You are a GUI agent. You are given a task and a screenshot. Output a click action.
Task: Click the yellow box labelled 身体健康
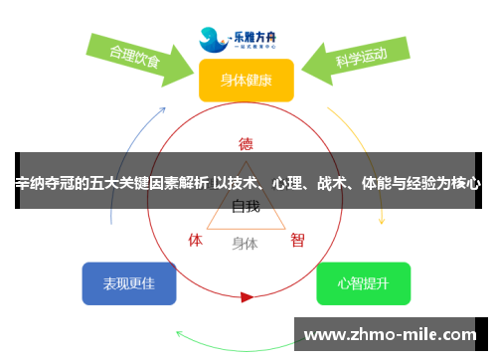click(246, 80)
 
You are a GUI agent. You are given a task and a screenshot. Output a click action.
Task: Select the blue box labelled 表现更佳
click(129, 283)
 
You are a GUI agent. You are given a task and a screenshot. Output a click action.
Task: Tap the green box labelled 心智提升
click(363, 283)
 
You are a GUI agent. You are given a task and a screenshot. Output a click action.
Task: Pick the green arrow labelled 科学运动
click(358, 57)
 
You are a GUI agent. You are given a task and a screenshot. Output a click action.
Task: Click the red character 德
click(246, 143)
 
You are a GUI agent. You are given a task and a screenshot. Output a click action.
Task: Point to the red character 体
click(196, 240)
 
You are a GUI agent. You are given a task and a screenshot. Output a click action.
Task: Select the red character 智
click(297, 240)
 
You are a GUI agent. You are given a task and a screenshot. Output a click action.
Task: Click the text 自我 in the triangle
click(246, 207)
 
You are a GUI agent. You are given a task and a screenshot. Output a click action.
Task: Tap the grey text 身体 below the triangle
click(245, 243)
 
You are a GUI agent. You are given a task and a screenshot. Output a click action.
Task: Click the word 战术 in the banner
click(332, 183)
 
